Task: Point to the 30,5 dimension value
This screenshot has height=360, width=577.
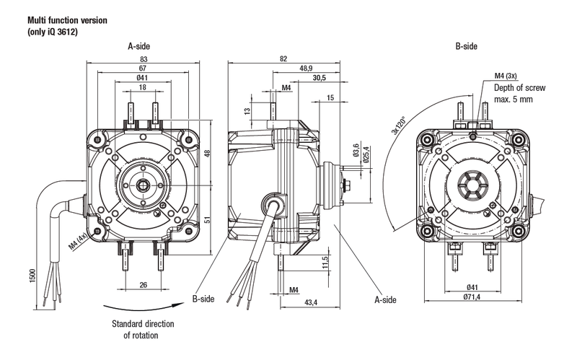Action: [319, 78]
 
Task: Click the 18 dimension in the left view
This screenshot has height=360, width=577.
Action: [142, 87]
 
